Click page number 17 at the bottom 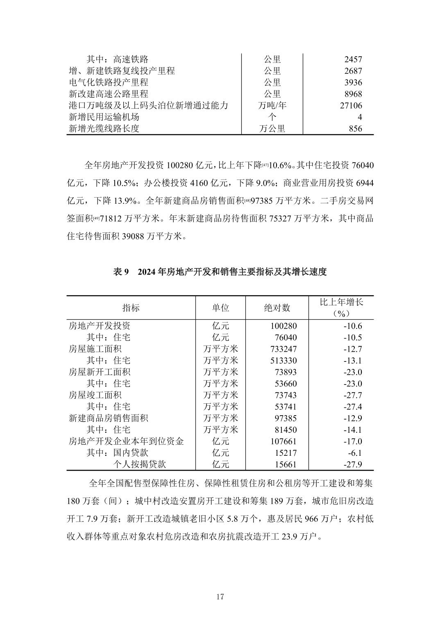click(220, 596)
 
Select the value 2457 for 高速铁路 click(353, 59)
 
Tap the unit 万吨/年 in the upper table click(272, 105)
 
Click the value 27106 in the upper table click(351, 105)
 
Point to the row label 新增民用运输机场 click(104, 117)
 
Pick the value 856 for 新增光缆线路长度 click(355, 128)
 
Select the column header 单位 click(220, 307)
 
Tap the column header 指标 click(131, 307)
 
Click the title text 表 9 click(121, 272)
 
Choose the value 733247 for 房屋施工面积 click(284, 349)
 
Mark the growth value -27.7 click(353, 395)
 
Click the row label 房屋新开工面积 click(100, 372)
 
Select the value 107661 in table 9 click(284, 441)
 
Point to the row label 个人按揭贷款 click(139, 464)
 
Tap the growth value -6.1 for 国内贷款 click(355, 453)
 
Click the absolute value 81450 click(286, 430)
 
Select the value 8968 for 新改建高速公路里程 click(353, 94)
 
